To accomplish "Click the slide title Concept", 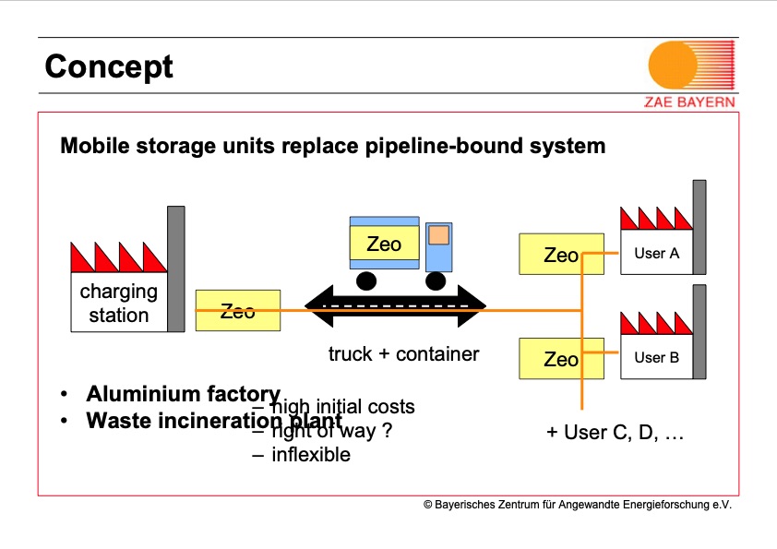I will (108, 66).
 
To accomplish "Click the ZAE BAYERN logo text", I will (689, 101).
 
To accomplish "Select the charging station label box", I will (119, 304).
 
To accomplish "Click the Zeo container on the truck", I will (384, 245).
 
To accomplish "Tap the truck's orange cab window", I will (438, 236).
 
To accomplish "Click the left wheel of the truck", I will (366, 280).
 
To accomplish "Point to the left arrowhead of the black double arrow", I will (319, 308).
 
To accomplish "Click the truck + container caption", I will (403, 353).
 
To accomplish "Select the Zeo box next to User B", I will (560, 359).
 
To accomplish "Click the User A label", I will (656, 253).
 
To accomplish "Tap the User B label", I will (656, 357).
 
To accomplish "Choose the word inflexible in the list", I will (310, 454).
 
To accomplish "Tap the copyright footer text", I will (577, 505).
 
